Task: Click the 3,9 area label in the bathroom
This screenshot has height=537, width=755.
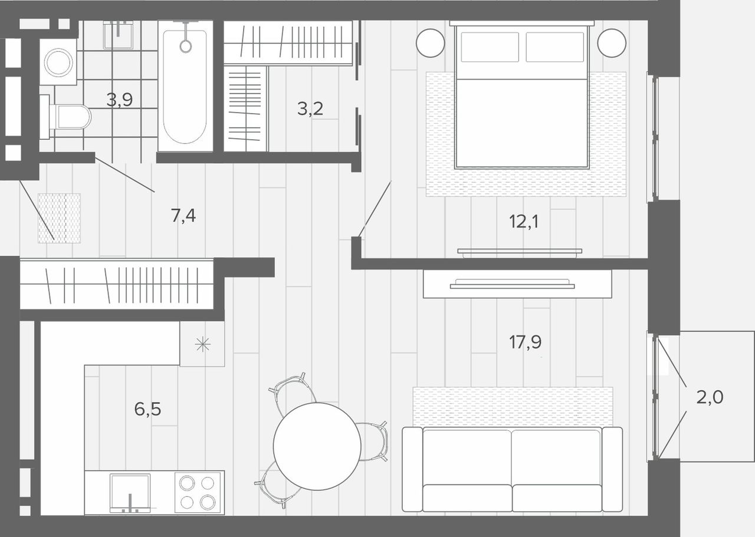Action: (119, 100)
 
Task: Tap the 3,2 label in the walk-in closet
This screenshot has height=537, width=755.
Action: (310, 108)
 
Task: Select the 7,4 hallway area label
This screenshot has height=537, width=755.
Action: (183, 216)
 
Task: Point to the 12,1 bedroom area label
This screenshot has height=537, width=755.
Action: (524, 222)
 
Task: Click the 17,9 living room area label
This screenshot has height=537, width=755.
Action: (525, 342)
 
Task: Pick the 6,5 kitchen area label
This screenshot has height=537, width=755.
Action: (147, 409)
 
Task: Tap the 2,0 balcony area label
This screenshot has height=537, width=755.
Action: (710, 397)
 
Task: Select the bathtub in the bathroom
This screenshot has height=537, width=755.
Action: (185, 86)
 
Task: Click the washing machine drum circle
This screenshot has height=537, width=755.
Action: (58, 62)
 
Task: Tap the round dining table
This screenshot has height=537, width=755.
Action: (317, 447)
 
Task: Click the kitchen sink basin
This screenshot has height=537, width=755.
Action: (130, 493)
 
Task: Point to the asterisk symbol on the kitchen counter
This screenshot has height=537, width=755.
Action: (202, 344)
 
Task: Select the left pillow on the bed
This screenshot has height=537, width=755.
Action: (490, 47)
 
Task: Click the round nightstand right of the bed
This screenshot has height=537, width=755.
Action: (612, 43)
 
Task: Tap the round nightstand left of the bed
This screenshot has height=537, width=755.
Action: (431, 43)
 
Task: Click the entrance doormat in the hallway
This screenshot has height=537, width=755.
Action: (60, 218)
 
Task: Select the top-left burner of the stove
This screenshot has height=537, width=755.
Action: (186, 483)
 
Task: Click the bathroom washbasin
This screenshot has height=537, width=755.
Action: (118, 35)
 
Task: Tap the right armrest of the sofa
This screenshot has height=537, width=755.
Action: (612, 470)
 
